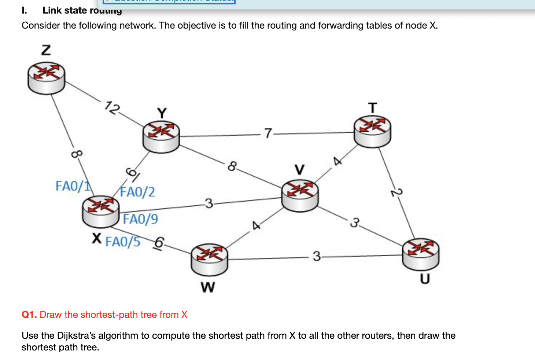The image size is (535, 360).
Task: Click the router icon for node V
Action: tap(300, 195)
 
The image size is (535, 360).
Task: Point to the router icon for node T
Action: tap(372, 132)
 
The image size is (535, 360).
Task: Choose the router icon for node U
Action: tap(421, 254)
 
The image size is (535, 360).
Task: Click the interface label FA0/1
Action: tap(73, 186)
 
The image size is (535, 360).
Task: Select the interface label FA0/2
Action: tap(138, 192)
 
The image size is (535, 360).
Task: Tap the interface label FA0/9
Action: tap(140, 219)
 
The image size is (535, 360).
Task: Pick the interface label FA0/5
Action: tap(123, 242)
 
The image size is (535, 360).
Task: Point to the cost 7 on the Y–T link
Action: tap(268, 133)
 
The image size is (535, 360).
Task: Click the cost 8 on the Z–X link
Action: tap(76, 154)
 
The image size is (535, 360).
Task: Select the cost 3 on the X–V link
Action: tap(209, 203)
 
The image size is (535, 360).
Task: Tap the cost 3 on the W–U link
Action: tap(317, 256)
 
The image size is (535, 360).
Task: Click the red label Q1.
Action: tap(29, 315)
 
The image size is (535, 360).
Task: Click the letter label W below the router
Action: tap(208, 287)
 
